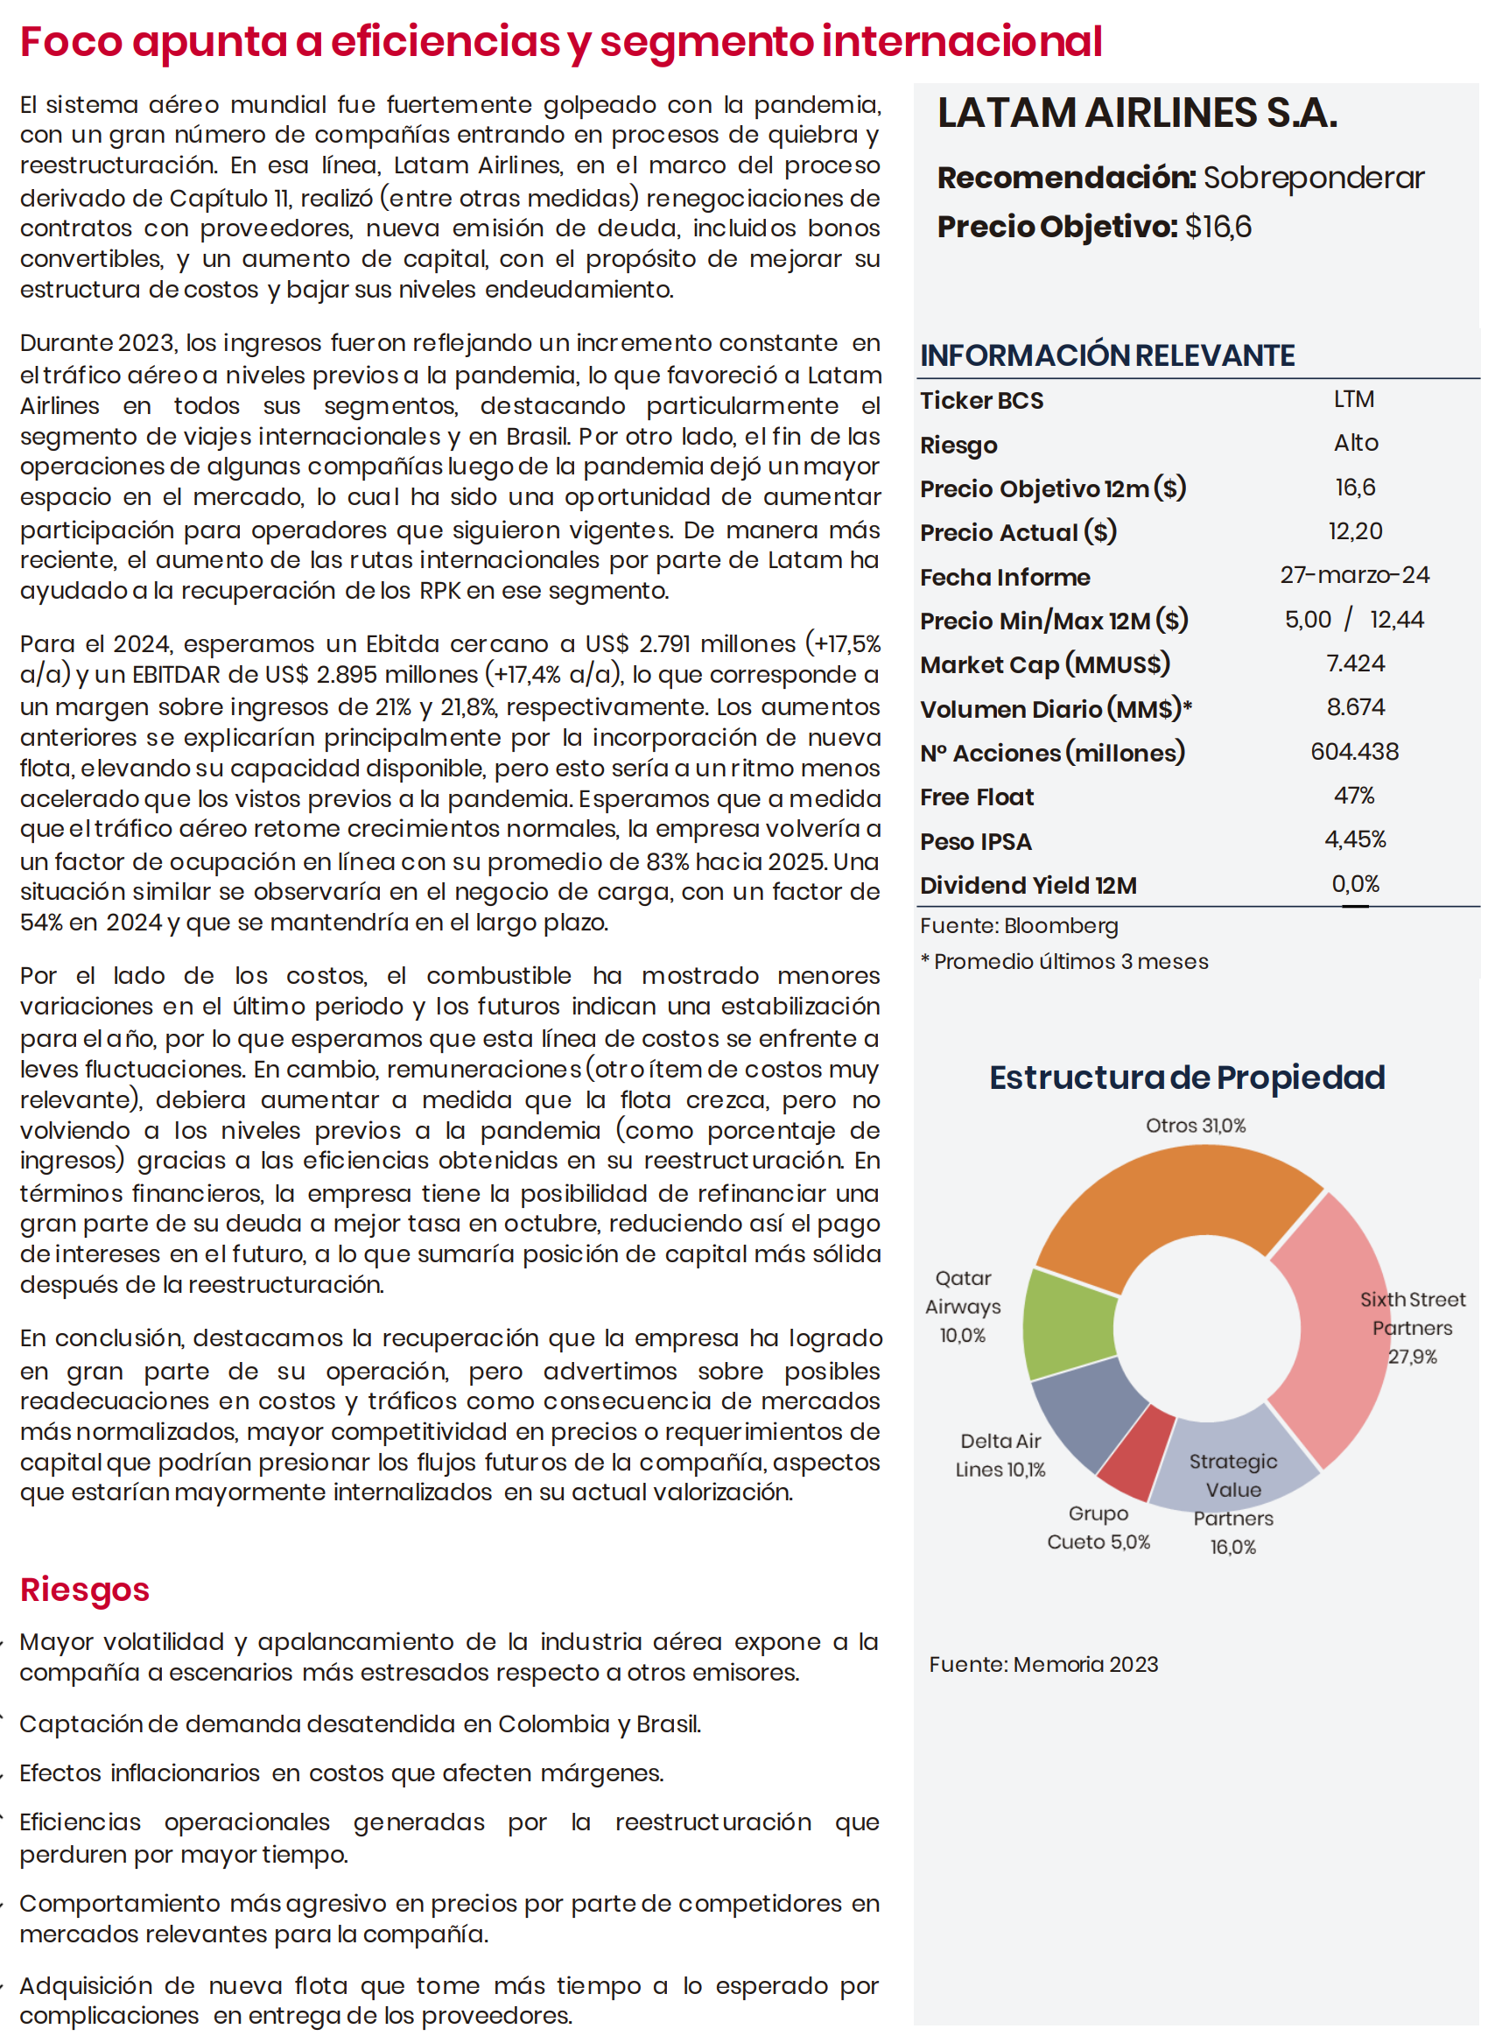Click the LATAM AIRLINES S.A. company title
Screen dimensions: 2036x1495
coord(1137,113)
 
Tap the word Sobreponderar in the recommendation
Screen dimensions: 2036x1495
coord(1313,178)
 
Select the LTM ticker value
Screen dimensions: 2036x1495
coord(1354,399)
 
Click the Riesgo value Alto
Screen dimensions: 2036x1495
coord(1356,443)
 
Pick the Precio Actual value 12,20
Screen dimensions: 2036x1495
coord(1355,531)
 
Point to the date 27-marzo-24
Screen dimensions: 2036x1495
coord(1354,574)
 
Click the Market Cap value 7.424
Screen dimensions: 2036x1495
coord(1355,663)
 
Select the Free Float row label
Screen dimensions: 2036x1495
coord(977,797)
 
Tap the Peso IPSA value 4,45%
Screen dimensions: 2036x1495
coord(1355,839)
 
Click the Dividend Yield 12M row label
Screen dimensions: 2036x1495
coord(1028,885)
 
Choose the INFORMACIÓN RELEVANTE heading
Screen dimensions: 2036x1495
coord(1106,355)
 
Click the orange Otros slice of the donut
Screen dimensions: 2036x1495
coord(1176,1195)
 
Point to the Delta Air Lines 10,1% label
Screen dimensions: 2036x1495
coord(1000,1455)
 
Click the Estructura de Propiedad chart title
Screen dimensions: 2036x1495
coord(1186,1078)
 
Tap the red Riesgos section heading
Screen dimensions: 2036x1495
coord(84,1590)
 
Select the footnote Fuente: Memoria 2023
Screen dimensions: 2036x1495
coord(1042,1664)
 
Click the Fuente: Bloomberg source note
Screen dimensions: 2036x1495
coord(1019,926)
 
